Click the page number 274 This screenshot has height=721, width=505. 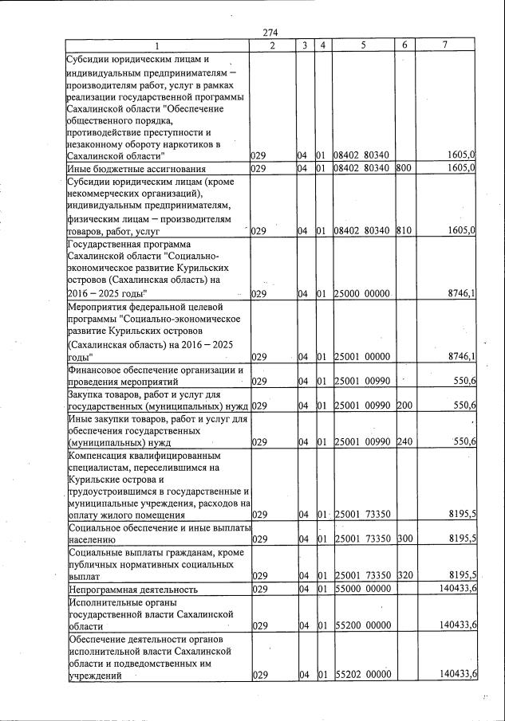[269, 32]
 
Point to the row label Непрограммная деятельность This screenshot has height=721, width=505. [132, 590]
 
